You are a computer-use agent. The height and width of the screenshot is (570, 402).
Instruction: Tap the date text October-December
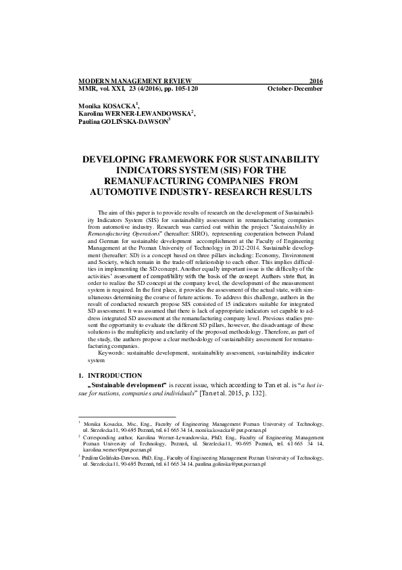[295, 89]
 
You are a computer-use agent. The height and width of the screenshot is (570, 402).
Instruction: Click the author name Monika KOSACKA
[107, 107]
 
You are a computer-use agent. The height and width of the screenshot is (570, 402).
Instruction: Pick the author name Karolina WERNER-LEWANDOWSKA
[135, 114]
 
